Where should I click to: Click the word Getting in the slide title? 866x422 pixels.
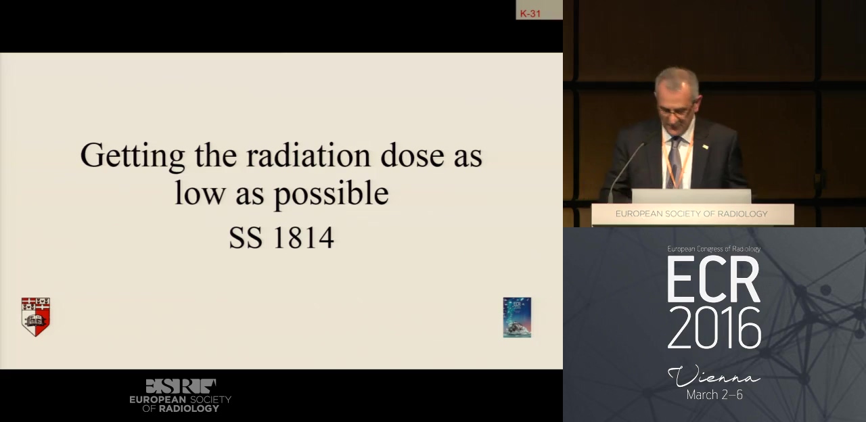click(132, 156)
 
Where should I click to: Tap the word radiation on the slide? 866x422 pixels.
click(308, 155)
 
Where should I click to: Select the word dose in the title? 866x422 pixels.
click(412, 155)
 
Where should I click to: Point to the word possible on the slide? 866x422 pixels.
click(332, 193)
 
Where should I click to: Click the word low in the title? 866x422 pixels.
click(200, 192)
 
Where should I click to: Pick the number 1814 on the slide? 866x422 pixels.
click(304, 237)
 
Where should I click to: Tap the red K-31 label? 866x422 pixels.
click(530, 14)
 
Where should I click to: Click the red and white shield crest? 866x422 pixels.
click(36, 317)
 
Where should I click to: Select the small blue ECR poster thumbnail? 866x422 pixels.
click(517, 317)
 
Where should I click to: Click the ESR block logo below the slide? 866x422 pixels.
click(181, 386)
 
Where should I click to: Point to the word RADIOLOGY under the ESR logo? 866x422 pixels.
click(189, 408)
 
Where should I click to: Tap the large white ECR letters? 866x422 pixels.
click(714, 279)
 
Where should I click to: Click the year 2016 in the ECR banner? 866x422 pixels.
click(714, 328)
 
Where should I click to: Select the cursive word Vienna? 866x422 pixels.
click(714, 375)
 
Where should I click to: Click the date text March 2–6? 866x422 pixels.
click(714, 394)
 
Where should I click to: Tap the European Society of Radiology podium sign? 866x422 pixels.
click(692, 214)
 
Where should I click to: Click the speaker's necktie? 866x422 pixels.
click(675, 162)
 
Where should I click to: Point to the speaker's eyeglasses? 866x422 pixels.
click(675, 112)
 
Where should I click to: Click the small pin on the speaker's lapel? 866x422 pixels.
click(705, 147)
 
